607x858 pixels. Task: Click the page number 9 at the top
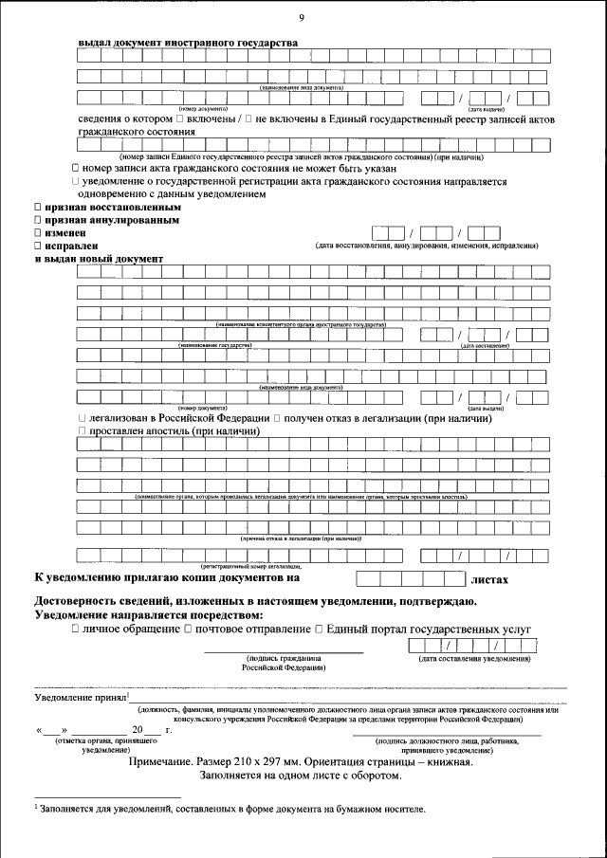click(301, 18)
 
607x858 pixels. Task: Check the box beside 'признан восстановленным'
click(37, 207)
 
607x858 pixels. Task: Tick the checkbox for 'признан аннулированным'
click(37, 220)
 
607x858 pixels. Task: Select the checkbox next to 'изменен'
click(37, 232)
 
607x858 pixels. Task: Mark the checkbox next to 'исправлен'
click(37, 246)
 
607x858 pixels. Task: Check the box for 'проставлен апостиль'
click(83, 431)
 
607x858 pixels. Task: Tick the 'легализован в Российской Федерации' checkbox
click(83, 418)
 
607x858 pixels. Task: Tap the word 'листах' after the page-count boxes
click(489, 578)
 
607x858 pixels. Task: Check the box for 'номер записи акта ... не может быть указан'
click(75, 168)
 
